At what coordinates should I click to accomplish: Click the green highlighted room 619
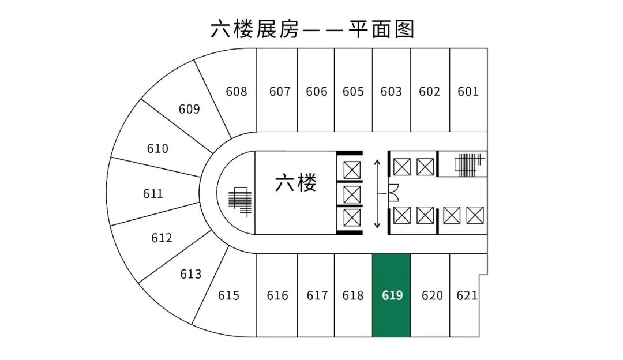pos(391,295)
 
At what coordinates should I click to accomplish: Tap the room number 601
pos(468,92)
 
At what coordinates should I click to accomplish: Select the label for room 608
pos(237,92)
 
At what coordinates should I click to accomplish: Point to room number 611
pos(153,194)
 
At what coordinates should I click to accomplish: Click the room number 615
pos(228,295)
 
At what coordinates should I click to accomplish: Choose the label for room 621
pos(467,295)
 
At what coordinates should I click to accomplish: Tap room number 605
pos(353,92)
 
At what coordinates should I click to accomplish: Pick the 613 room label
pos(191,274)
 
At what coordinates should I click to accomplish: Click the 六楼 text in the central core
pos(296,183)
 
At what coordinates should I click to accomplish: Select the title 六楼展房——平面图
pos(312,29)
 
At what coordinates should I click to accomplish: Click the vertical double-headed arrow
pos(377,194)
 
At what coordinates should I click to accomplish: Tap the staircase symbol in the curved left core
pos(240,202)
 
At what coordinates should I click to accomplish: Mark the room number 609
pos(189,109)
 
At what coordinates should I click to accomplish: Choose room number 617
pos(317,295)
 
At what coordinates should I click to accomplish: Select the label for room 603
pos(391,92)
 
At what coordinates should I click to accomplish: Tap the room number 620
pos(432,295)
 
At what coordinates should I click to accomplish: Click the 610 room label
pos(157,149)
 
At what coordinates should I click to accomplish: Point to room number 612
pos(162,238)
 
